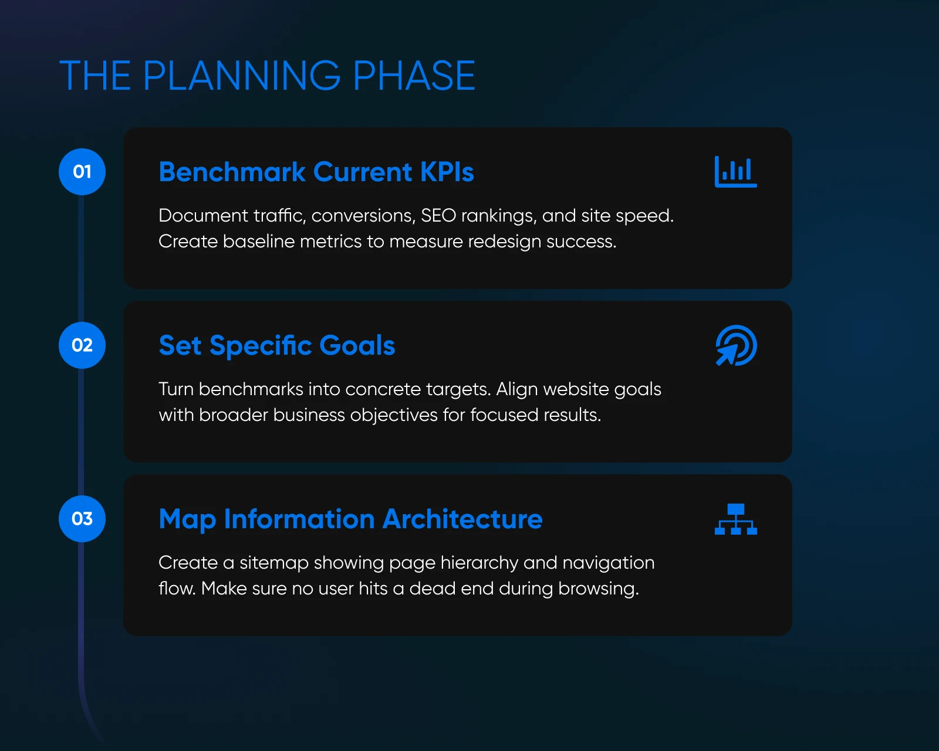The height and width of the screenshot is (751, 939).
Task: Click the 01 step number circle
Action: (82, 172)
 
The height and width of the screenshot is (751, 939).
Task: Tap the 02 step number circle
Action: (82, 345)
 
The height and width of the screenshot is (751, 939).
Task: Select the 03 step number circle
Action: (82, 519)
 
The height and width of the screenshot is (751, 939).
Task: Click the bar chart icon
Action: (736, 172)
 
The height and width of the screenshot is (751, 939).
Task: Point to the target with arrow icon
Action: (736, 346)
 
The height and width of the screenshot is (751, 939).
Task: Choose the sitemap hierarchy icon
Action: (736, 519)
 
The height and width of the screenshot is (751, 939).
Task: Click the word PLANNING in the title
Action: (241, 76)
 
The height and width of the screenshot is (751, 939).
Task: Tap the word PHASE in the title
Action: (414, 76)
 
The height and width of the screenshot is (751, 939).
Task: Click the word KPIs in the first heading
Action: (447, 172)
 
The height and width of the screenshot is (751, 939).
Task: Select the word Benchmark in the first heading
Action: (232, 172)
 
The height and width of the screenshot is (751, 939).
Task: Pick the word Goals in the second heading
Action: (357, 345)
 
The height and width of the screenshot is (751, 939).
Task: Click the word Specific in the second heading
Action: (260, 346)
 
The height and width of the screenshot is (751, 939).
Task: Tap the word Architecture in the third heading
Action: (462, 519)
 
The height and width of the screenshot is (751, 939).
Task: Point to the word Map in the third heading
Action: (187, 519)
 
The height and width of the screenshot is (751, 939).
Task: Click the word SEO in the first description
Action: (438, 215)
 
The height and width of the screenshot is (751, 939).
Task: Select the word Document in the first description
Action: (203, 215)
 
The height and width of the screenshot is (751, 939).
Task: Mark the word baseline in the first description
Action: (259, 241)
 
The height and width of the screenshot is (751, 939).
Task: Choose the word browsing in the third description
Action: (599, 589)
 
